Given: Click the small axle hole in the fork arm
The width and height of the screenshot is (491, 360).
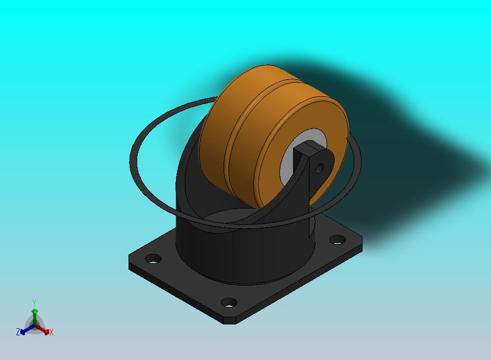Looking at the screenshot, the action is click(x=319, y=169).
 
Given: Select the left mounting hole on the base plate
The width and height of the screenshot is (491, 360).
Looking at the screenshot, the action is click(x=154, y=259).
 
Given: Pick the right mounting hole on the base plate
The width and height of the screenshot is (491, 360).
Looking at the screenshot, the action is click(x=337, y=240).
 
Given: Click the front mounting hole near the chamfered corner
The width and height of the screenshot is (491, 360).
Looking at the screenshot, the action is click(x=229, y=303).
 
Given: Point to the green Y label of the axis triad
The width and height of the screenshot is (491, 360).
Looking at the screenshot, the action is click(x=34, y=303).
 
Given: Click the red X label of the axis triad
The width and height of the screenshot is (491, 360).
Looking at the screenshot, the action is click(x=51, y=332).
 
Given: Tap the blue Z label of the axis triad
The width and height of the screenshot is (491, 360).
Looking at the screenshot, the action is click(x=18, y=332).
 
